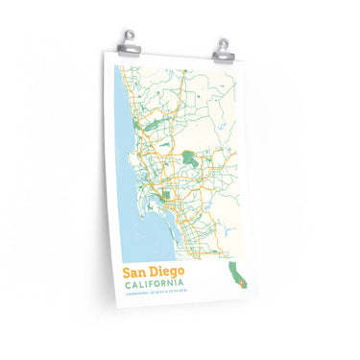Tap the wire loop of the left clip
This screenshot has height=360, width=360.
[130, 35]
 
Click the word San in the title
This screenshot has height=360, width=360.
[135, 272]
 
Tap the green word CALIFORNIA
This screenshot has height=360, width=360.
[155, 284]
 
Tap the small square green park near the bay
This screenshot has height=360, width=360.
[166, 196]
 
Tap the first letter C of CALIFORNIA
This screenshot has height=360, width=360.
[127, 284]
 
